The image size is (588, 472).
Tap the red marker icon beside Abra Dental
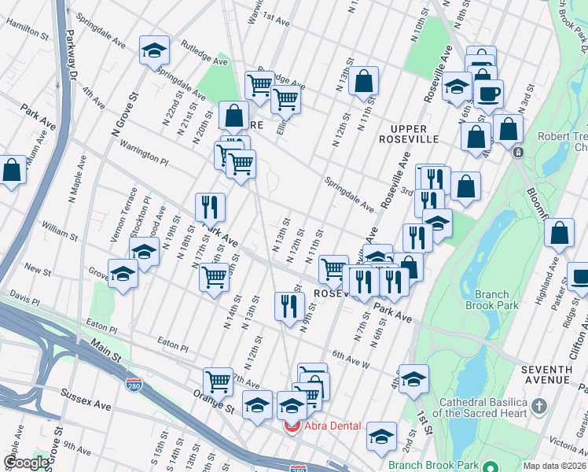292,426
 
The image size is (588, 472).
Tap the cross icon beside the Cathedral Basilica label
538,407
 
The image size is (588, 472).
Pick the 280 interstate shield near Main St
134,385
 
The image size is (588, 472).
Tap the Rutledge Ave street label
204,53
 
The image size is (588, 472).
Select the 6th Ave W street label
351,359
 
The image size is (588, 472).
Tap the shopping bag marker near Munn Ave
12,170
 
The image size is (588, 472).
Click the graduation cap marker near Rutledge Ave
155,50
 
